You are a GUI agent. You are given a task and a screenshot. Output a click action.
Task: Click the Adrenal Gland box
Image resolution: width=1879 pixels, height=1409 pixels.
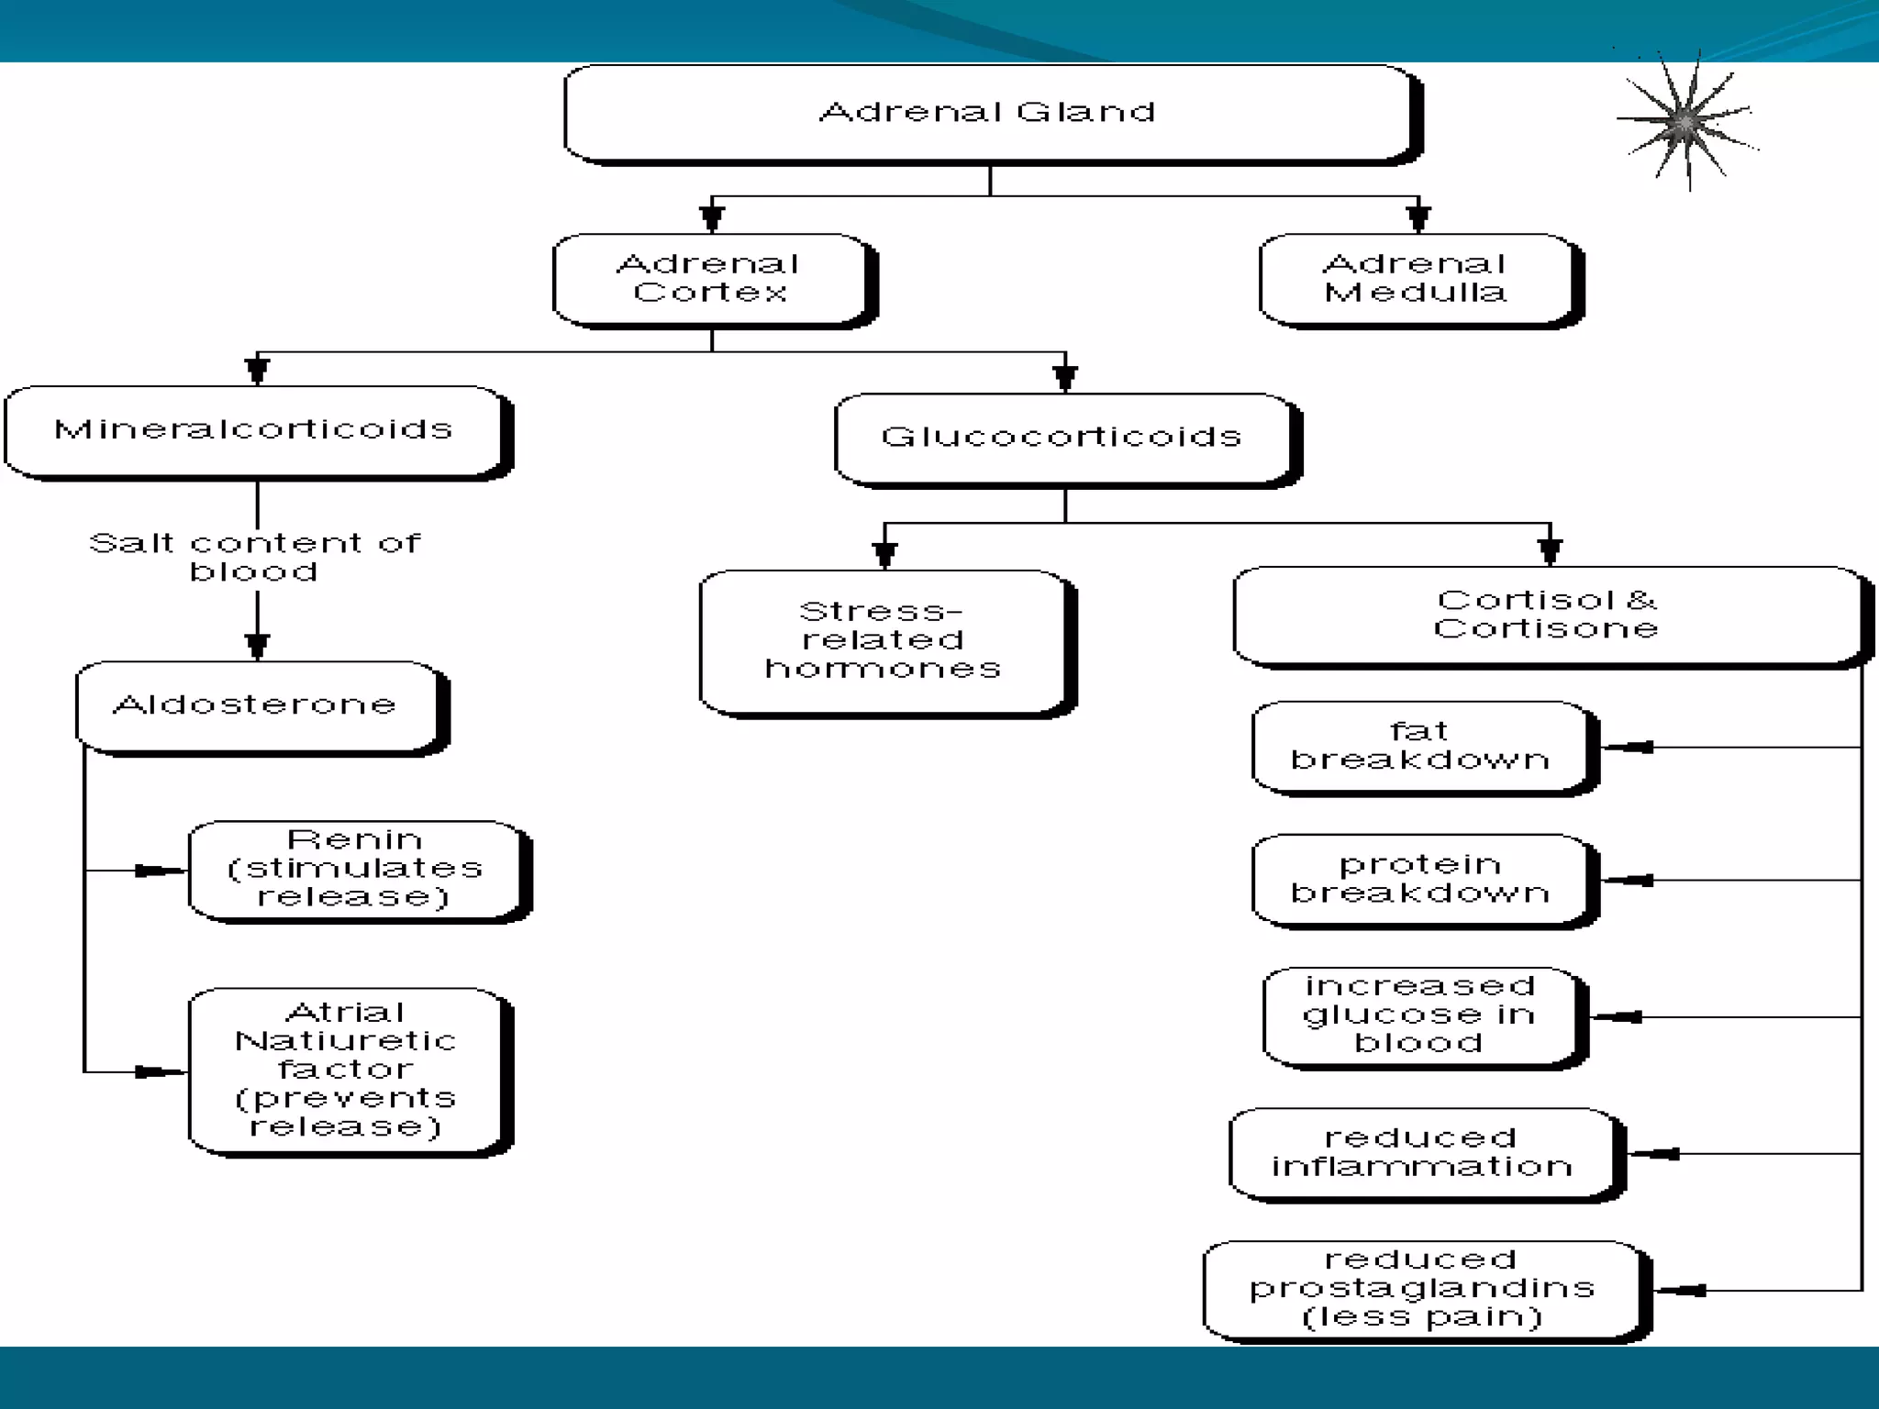[989, 114]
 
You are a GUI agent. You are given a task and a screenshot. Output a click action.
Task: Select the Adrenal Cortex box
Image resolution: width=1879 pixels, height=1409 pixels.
[710, 278]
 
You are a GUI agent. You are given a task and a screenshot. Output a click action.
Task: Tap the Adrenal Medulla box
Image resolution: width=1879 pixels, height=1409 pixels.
[1418, 278]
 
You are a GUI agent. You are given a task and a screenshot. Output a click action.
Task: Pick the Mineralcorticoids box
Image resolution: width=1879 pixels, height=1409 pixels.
[254, 429]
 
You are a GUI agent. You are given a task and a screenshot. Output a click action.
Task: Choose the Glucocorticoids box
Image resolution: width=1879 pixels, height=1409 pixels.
[1062, 438]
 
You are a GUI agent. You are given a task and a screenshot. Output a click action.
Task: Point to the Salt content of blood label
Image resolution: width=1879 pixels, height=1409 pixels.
[254, 557]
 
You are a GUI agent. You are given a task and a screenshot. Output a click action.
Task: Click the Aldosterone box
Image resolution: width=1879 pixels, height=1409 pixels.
[257, 704]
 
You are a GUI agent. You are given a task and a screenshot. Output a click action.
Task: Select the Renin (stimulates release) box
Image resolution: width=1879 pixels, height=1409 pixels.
[355, 869]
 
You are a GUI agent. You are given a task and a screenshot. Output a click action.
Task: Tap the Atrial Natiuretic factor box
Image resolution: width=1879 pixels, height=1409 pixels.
[346, 1069]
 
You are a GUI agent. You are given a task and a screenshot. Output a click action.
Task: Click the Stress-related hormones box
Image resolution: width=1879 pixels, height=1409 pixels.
[883, 640]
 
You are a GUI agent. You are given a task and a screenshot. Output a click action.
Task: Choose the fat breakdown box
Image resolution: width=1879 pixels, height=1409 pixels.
[1420, 746]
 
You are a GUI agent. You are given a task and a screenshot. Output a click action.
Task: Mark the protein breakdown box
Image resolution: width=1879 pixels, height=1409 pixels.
[1420, 879]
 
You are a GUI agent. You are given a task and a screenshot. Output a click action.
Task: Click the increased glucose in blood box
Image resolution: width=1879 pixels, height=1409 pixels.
[1420, 1015]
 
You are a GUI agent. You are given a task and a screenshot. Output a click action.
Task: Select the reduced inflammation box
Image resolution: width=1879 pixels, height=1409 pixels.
[1422, 1152]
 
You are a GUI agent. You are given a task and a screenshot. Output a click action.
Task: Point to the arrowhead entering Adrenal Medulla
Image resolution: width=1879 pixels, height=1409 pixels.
[1418, 219]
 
